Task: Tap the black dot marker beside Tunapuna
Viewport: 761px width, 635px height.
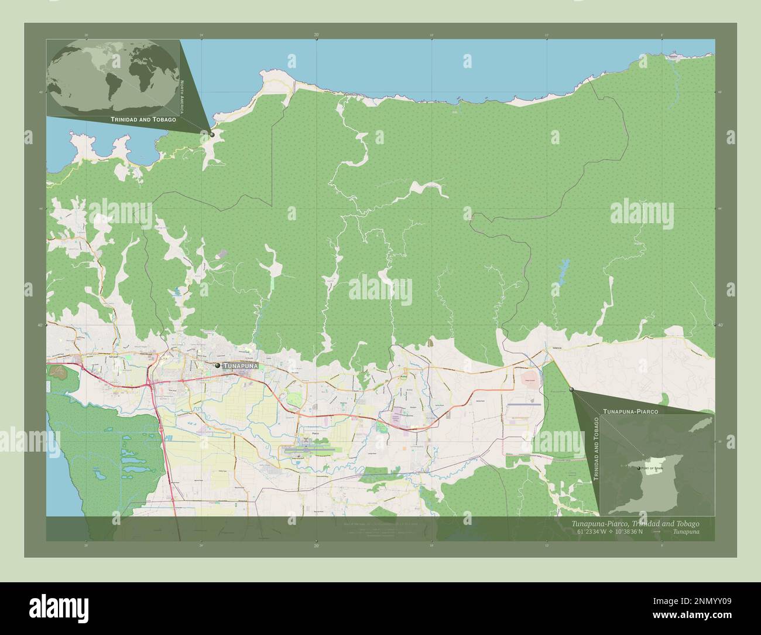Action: pyautogui.click(x=218, y=365)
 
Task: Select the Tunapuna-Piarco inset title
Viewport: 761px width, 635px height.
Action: pyautogui.click(x=630, y=412)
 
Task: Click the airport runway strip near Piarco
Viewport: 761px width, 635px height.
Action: pyautogui.click(x=310, y=450)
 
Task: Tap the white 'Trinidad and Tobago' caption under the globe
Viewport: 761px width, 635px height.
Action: pyautogui.click(x=143, y=120)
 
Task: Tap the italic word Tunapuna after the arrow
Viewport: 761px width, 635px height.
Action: pyautogui.click(x=685, y=531)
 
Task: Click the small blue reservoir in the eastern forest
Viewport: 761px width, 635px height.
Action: pyautogui.click(x=563, y=271)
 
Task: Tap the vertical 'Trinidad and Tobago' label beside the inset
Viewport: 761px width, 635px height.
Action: pyautogui.click(x=596, y=449)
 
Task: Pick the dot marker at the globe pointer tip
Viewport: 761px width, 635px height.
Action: pyautogui.click(x=212, y=134)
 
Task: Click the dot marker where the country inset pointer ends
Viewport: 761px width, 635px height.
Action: pyautogui.click(x=571, y=388)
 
